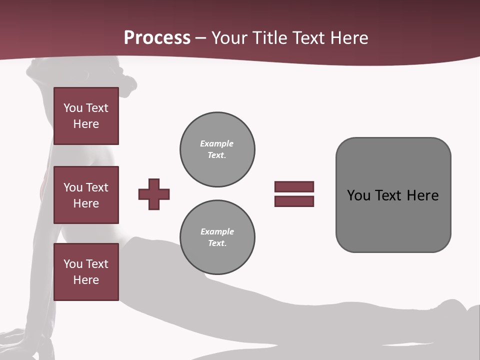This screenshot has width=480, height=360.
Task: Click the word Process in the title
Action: click(157, 38)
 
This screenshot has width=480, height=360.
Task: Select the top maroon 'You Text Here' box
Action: click(86, 116)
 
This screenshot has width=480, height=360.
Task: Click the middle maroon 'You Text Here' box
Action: click(86, 195)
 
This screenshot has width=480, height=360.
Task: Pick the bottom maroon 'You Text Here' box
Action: click(86, 272)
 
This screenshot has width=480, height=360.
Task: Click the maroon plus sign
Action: click(154, 194)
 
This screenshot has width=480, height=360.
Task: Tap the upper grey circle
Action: click(217, 149)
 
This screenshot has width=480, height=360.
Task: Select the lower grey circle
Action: click(217, 237)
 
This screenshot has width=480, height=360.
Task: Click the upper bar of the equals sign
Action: click(294, 186)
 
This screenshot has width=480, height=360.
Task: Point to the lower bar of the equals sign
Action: click(294, 201)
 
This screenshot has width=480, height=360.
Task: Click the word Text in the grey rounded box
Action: click(388, 195)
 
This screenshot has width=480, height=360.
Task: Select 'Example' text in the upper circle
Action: click(216, 143)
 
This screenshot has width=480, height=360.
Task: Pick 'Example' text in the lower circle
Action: click(217, 231)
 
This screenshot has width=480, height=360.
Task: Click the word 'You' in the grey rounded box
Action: click(358, 195)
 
